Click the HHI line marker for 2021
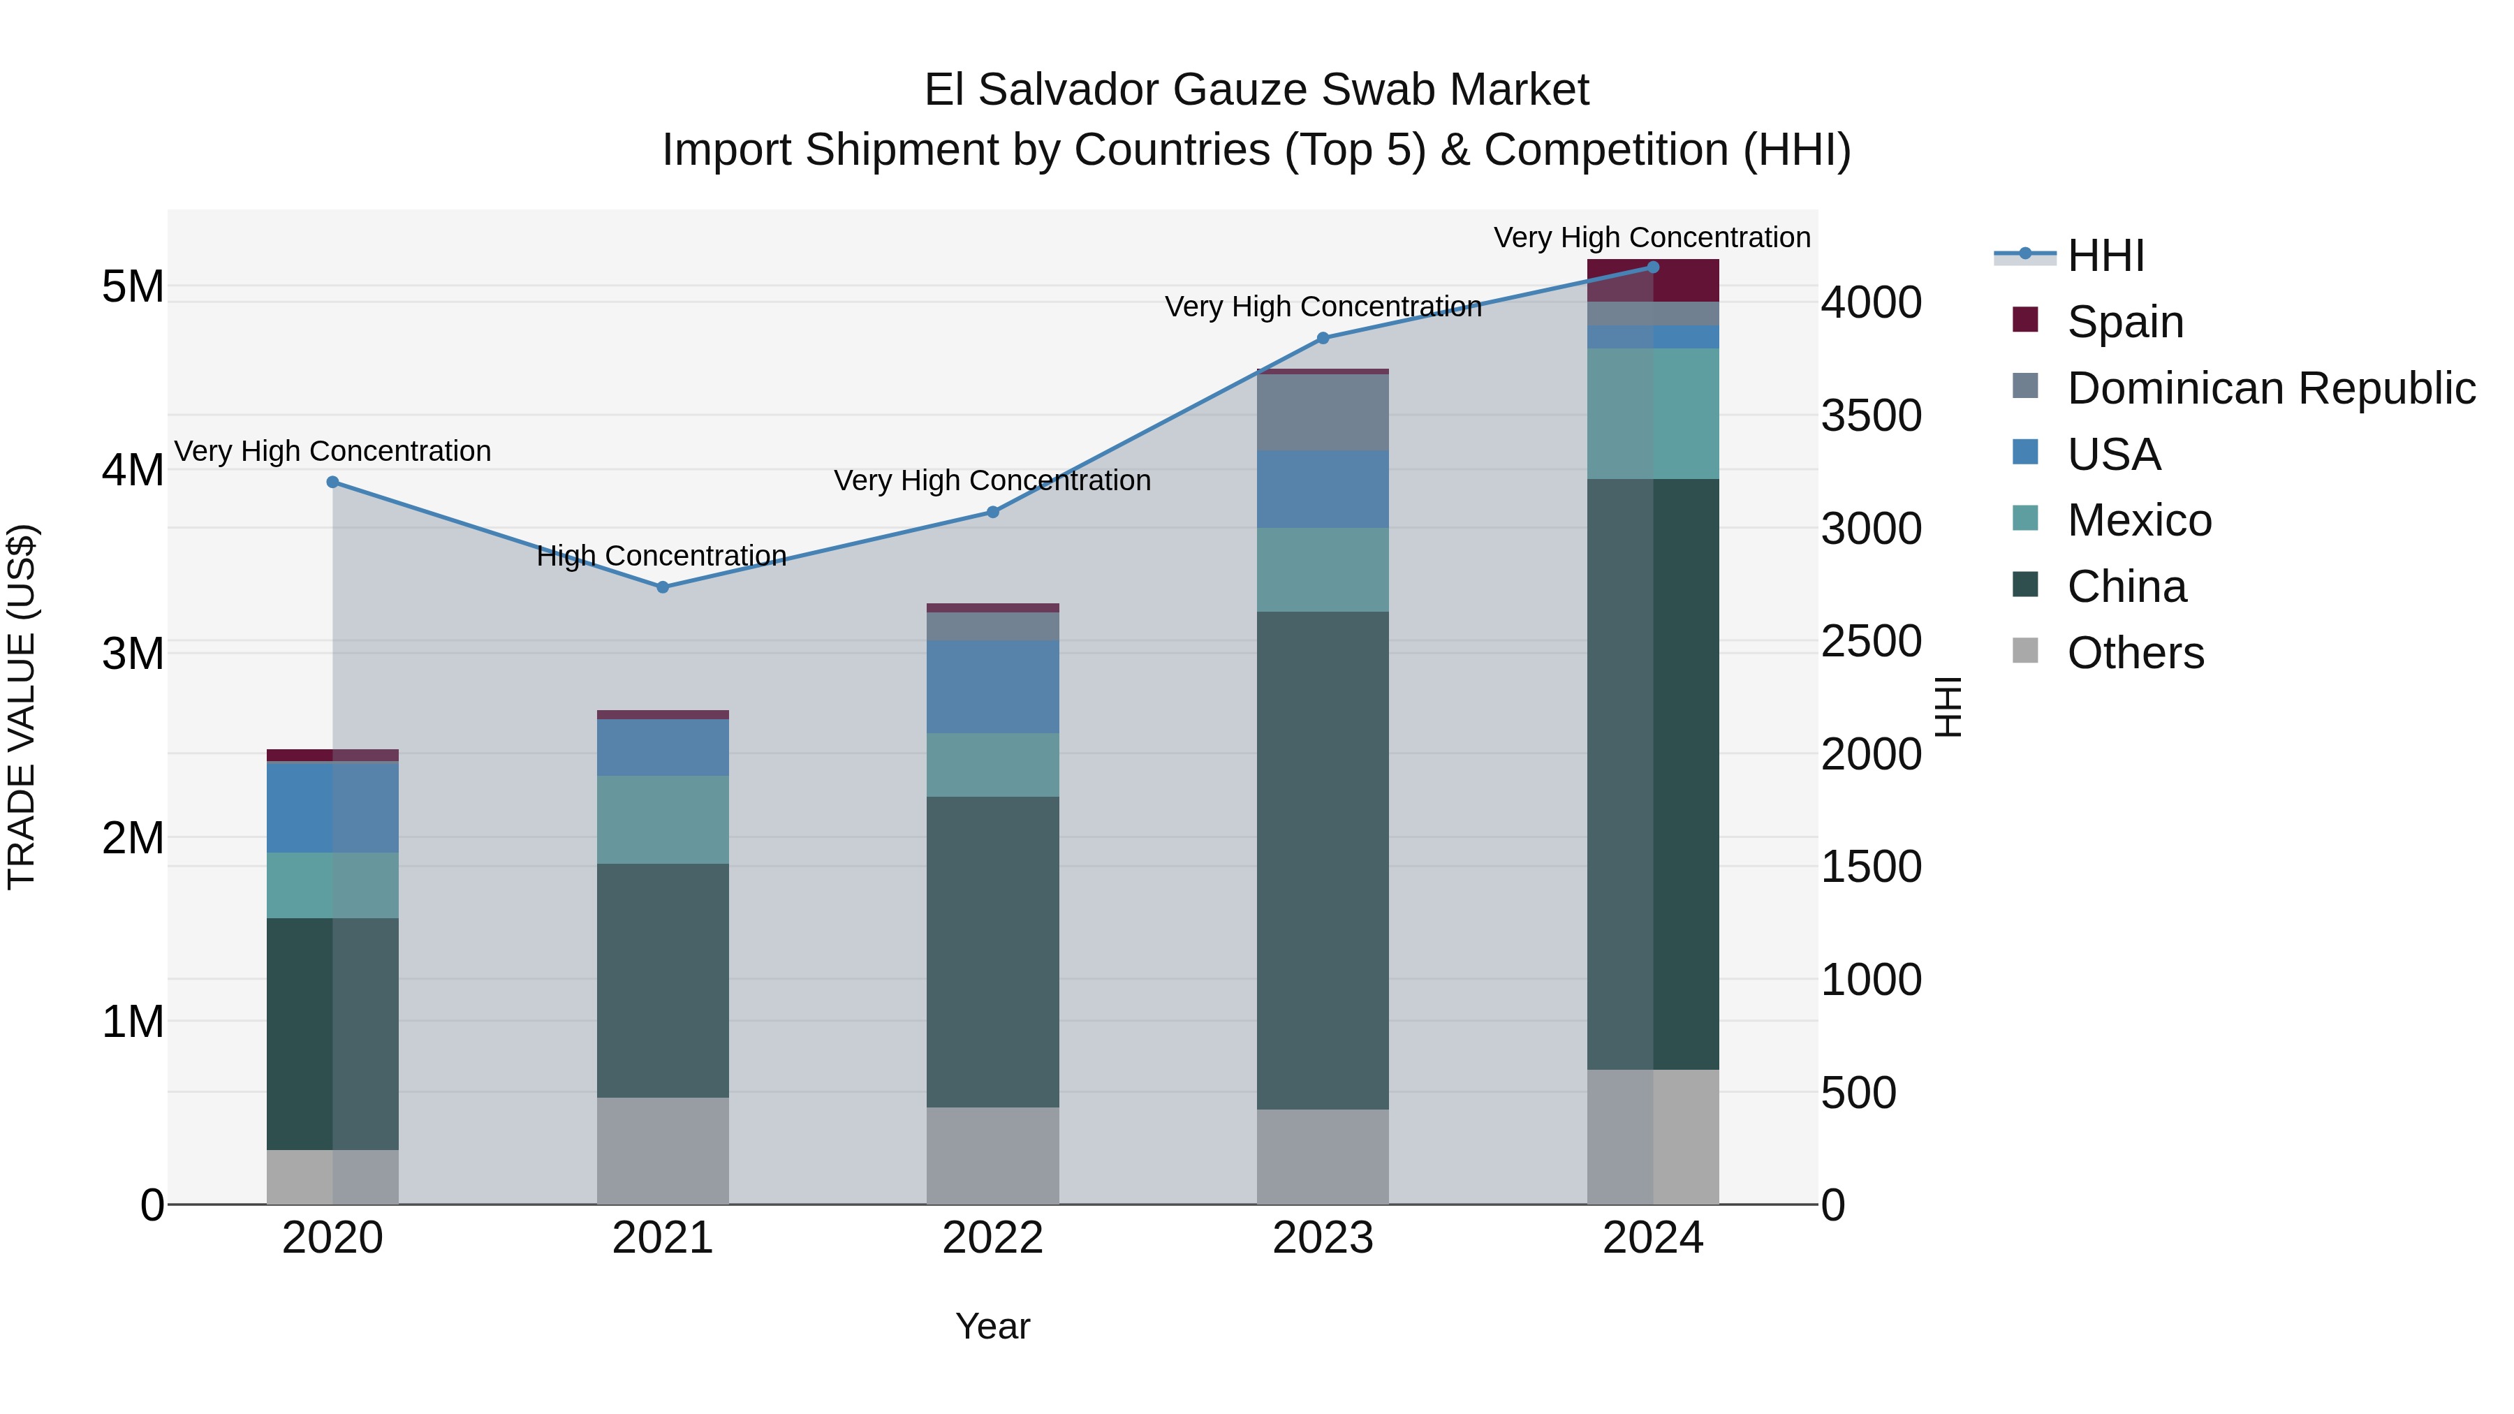coord(662,587)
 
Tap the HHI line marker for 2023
coord(1323,339)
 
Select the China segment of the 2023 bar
coord(1323,859)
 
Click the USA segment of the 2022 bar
coord(992,686)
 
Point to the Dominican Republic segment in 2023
coord(1323,412)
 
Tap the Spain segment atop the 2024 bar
coord(1652,280)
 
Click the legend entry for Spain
coord(2124,322)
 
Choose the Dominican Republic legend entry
coord(2270,388)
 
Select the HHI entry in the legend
coord(2105,256)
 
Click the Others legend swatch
coord(2025,651)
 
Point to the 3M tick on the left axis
coord(133,654)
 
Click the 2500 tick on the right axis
coord(1871,641)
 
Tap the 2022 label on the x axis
coord(992,1238)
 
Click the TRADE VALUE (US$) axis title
coord(22,707)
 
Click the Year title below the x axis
coord(992,1326)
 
